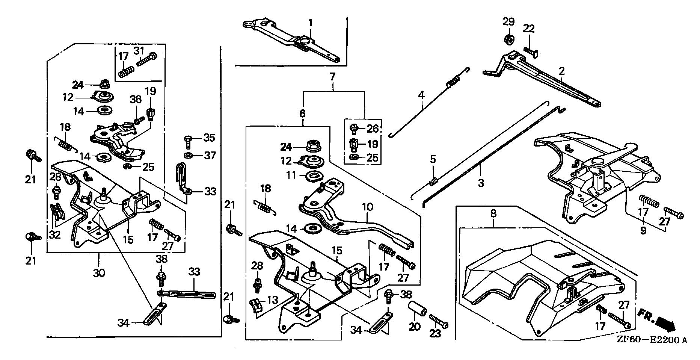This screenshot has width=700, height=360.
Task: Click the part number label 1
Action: click(x=311, y=23)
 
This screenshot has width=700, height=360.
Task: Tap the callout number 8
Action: click(x=493, y=214)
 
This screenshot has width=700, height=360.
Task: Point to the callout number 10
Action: click(x=367, y=207)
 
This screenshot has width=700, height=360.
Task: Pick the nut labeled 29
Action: click(x=509, y=39)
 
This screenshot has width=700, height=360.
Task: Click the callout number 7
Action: click(x=332, y=77)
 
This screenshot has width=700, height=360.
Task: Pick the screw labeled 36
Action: click(x=139, y=120)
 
